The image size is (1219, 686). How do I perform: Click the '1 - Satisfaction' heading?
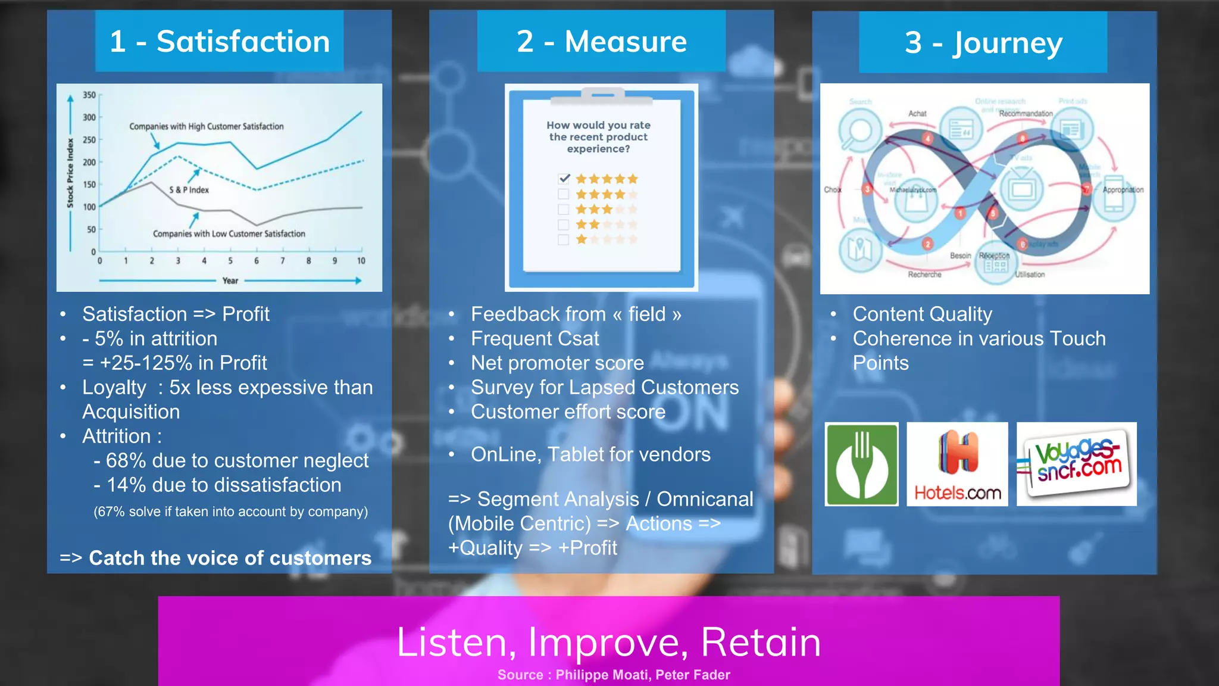pyautogui.click(x=220, y=42)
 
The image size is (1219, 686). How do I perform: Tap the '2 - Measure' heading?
pyautogui.click(x=601, y=42)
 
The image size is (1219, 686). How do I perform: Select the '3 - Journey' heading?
pyautogui.click(x=983, y=43)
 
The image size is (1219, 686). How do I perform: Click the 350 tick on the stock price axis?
pyautogui.click(x=89, y=95)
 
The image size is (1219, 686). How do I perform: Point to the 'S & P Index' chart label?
pyautogui.click(x=189, y=190)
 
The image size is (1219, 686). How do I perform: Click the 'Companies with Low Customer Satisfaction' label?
pyautogui.click(x=229, y=234)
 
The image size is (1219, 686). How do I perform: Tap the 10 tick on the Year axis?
pyautogui.click(x=361, y=261)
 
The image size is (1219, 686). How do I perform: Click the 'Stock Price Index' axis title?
pyautogui.click(x=70, y=173)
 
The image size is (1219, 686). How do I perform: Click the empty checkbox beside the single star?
pyautogui.click(x=563, y=240)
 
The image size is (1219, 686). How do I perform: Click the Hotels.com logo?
pyautogui.click(x=957, y=464)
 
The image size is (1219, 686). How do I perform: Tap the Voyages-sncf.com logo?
pyautogui.click(x=1076, y=464)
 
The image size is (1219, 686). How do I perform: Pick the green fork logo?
pyautogui.click(x=861, y=464)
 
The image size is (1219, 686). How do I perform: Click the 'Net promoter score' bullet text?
pyautogui.click(x=557, y=363)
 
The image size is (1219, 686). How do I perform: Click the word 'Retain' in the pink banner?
pyautogui.click(x=761, y=642)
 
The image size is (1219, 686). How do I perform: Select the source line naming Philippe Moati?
pyautogui.click(x=614, y=675)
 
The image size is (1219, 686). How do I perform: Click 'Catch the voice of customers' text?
pyautogui.click(x=230, y=558)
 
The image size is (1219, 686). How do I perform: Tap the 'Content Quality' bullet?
pyautogui.click(x=922, y=314)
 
